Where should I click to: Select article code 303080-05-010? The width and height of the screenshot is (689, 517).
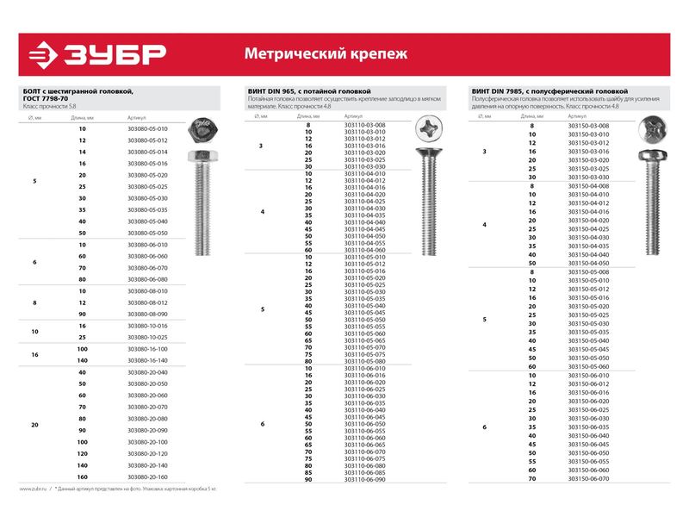click(x=147, y=128)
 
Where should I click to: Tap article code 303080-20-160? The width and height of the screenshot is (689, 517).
click(x=147, y=477)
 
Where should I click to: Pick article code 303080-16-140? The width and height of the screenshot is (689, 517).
click(x=147, y=360)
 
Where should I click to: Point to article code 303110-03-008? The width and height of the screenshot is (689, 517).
click(x=364, y=125)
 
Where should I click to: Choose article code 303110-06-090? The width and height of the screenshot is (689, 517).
click(x=364, y=480)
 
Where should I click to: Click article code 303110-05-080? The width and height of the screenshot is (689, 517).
click(x=364, y=361)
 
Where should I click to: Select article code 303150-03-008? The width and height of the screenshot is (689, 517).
click(x=589, y=126)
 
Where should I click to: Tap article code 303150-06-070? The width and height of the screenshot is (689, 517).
click(x=589, y=478)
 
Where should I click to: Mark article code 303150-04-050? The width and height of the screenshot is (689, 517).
click(x=589, y=263)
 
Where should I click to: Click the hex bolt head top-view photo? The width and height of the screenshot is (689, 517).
click(x=203, y=130)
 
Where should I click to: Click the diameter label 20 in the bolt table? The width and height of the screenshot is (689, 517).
click(x=34, y=424)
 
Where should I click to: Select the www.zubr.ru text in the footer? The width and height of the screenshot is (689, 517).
click(x=33, y=489)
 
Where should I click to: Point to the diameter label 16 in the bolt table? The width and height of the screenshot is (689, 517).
click(x=34, y=354)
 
